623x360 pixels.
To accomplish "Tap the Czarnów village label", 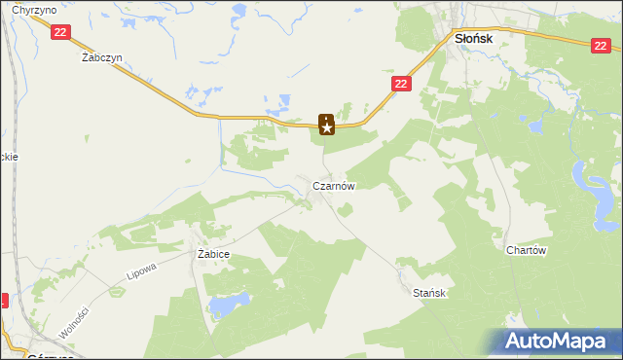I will click(x=332, y=185).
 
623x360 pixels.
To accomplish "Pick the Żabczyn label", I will click(x=101, y=57).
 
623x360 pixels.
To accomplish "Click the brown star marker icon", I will click(x=327, y=125).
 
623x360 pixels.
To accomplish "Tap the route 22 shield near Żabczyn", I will click(x=60, y=32).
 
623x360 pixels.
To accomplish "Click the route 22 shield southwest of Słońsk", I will click(x=402, y=85).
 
